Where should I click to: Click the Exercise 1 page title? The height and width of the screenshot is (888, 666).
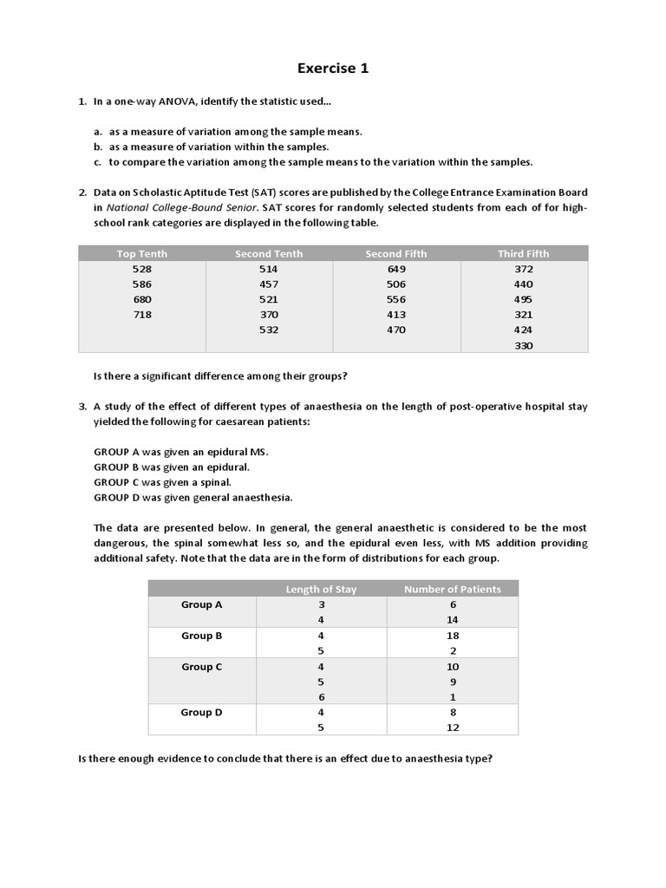333,69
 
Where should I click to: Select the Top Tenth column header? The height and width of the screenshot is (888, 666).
142,253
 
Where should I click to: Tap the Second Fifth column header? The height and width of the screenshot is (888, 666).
396,253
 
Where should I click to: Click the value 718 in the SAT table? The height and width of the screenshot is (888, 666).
142,315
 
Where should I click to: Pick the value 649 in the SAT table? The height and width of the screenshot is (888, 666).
396,269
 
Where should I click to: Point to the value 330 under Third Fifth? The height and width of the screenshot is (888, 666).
524,345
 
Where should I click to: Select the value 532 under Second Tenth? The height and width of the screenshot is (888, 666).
269,330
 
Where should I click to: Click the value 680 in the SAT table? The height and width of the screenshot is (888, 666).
142,299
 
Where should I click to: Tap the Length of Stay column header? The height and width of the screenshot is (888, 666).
321,589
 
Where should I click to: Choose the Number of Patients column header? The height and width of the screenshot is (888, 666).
452,589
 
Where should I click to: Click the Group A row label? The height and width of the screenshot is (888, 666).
202,604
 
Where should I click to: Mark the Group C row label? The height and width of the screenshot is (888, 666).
202,667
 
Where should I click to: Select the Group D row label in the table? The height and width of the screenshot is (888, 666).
202,712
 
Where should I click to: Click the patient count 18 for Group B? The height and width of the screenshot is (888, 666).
452,636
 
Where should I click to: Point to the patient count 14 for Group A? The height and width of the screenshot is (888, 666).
452,620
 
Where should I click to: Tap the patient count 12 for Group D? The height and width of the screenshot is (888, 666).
452,728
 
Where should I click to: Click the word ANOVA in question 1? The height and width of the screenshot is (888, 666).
176,101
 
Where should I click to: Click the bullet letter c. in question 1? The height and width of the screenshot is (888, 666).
99,162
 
